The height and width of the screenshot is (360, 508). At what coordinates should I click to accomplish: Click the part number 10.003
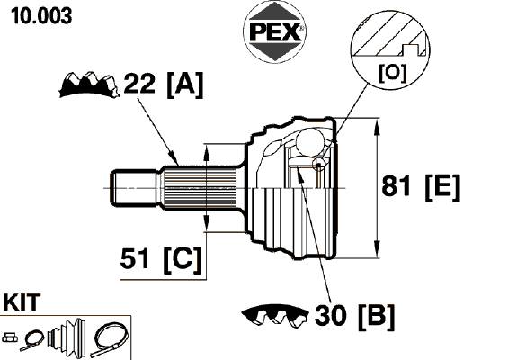[41, 16]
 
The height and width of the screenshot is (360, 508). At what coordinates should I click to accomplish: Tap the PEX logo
[274, 31]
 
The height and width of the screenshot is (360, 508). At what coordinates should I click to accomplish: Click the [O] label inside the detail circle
[392, 73]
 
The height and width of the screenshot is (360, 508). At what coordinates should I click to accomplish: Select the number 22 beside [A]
[139, 84]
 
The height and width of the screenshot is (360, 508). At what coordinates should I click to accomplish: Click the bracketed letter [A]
[185, 85]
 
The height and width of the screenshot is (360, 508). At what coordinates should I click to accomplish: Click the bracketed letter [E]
[442, 187]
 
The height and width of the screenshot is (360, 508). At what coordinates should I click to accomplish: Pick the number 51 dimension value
[135, 258]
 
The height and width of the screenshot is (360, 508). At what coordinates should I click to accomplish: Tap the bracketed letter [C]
[183, 260]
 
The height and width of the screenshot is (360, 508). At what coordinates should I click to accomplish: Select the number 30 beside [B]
[331, 316]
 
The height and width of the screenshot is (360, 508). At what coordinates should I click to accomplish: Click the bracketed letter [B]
[376, 317]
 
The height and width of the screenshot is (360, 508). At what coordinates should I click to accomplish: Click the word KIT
[22, 302]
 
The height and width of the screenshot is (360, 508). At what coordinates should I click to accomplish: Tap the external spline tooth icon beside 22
[89, 85]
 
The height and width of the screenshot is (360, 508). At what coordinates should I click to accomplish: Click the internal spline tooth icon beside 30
[275, 316]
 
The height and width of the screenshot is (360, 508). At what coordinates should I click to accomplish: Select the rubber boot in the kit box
[67, 337]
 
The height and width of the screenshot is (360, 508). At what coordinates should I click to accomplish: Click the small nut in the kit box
[10, 337]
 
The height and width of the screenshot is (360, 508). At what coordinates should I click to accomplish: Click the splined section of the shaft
[200, 188]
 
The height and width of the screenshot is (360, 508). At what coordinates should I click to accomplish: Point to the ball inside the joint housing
[311, 142]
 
